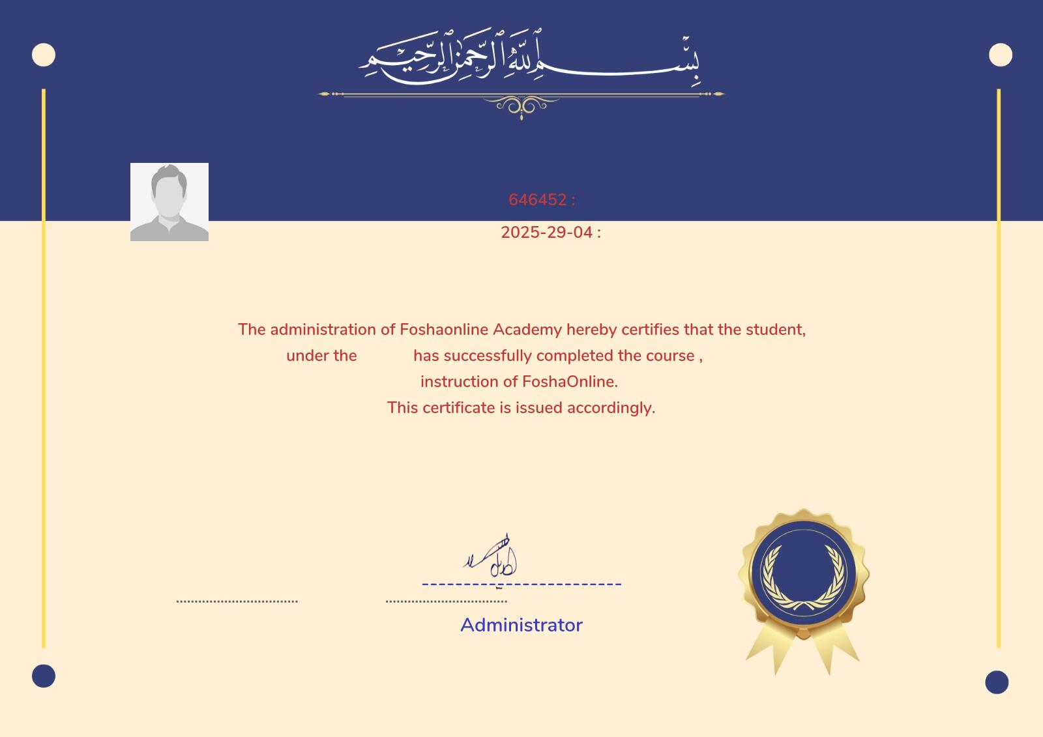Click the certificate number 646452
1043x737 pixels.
pos(537,200)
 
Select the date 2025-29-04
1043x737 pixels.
pos(546,233)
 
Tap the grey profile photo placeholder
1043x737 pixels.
pos(169,202)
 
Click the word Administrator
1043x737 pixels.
pos(521,625)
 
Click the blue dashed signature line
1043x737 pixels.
pos(521,584)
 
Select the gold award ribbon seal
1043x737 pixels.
pos(803,586)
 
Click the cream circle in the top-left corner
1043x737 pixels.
pos(44,55)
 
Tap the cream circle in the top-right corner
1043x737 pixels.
pos(1000,55)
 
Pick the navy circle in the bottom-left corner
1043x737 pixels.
pos(44,676)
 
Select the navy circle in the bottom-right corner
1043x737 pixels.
pos(996,682)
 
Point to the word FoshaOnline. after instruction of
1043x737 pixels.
pos(570,382)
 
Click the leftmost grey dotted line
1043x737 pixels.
pos(237,601)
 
